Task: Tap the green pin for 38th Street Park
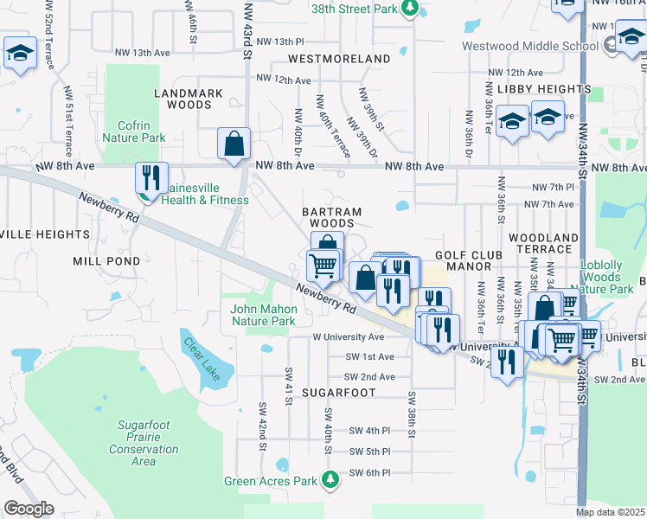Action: point(411,10)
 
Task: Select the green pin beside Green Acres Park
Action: point(330,478)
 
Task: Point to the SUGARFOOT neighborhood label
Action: point(338,392)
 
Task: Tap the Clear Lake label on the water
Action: point(205,358)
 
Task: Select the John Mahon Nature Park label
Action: point(264,315)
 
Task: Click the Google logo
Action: point(29,509)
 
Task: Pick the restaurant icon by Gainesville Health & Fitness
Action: point(151,178)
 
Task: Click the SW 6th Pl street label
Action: point(369,473)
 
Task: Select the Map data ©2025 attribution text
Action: point(610,512)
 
